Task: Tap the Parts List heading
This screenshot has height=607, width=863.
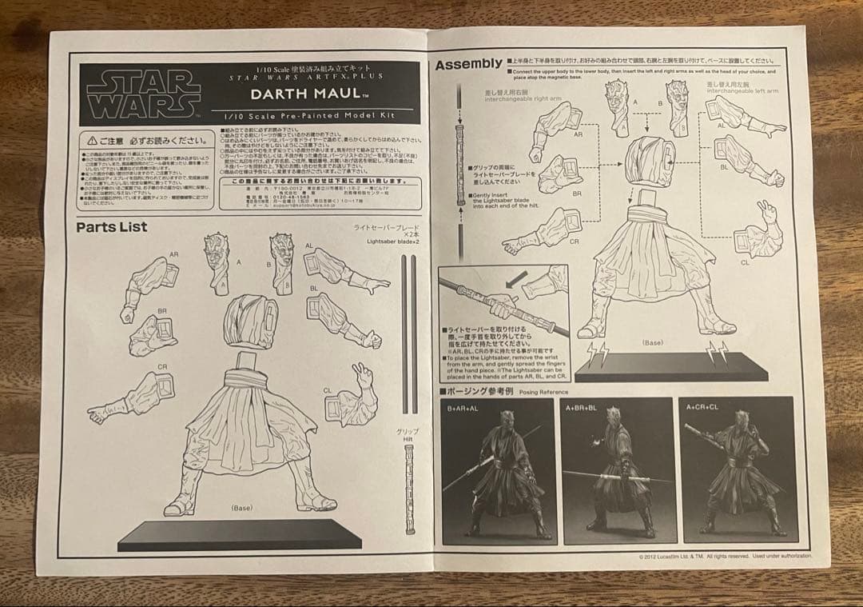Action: (x=112, y=227)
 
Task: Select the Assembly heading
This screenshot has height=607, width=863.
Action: (x=468, y=65)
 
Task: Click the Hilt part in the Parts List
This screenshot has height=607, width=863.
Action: (x=409, y=488)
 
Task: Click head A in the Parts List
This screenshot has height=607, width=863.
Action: (x=218, y=261)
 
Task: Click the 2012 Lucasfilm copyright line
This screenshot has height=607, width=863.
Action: (x=725, y=556)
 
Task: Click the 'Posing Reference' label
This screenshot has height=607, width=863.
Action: (x=543, y=392)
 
